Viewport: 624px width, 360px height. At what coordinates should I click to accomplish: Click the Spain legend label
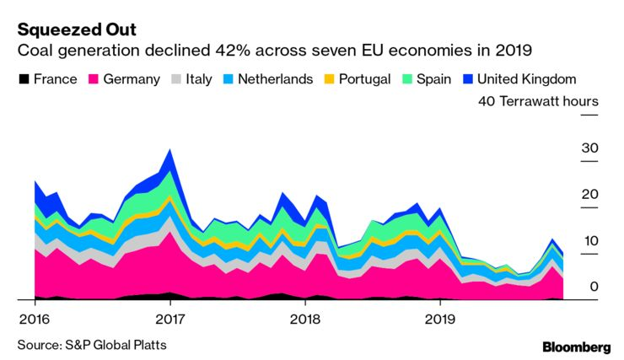[x=433, y=79]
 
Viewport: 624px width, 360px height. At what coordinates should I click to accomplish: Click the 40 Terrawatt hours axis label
[x=538, y=102]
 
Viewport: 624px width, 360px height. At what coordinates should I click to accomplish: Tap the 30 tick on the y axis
[x=589, y=148]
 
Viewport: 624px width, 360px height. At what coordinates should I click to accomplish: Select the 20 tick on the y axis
[x=589, y=195]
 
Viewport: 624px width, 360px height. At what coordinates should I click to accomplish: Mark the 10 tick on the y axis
[x=589, y=241]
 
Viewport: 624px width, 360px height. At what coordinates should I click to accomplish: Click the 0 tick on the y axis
[x=594, y=287]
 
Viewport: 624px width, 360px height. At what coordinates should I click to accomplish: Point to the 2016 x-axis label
[x=34, y=320]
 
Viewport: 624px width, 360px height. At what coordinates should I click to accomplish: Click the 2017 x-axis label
[x=170, y=320]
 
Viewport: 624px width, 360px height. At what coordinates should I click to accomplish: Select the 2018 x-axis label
[x=305, y=320]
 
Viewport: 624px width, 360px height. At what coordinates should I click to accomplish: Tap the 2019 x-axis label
[x=440, y=320]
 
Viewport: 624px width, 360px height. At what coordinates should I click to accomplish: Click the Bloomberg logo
[x=576, y=347]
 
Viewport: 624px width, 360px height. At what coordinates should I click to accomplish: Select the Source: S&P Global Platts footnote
[x=92, y=345]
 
